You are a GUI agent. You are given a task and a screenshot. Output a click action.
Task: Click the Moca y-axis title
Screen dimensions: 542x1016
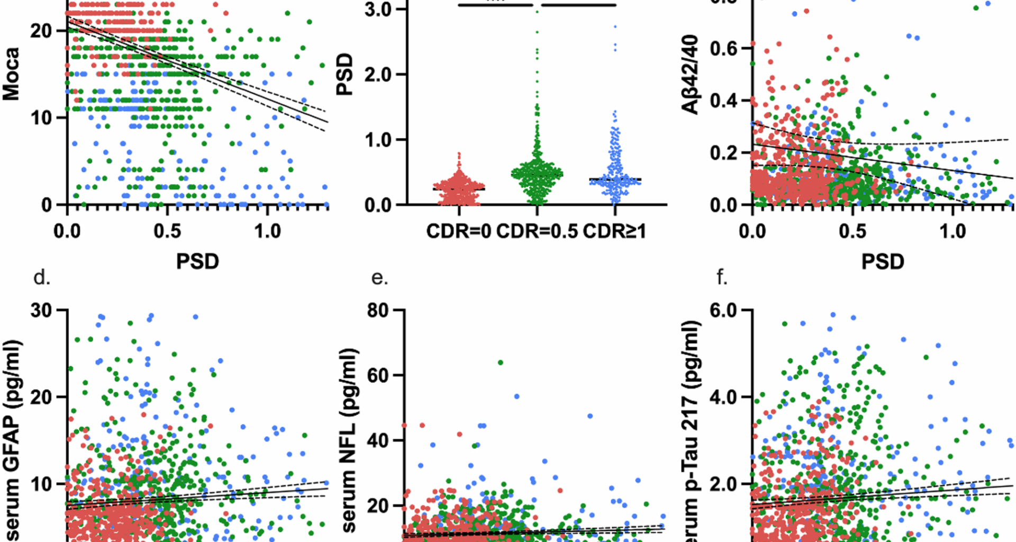point(12,74)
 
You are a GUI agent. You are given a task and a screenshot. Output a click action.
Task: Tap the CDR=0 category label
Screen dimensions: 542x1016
point(458,231)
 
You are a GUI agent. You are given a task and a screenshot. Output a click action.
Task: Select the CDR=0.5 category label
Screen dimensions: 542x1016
point(537,231)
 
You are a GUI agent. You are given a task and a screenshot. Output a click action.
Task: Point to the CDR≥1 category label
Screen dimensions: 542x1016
point(614,231)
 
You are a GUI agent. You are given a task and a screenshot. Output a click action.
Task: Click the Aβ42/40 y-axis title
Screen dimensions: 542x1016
point(691,75)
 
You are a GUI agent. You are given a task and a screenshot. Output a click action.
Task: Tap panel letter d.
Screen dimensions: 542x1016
point(42,277)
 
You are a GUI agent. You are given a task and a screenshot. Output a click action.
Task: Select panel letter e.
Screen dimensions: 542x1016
point(379,277)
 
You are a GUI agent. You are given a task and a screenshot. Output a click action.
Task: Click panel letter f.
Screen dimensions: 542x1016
point(722,277)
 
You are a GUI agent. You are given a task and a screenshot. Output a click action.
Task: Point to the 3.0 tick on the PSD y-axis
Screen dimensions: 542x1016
point(378,10)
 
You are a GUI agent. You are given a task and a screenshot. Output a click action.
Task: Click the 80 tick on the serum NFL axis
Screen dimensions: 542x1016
point(379,310)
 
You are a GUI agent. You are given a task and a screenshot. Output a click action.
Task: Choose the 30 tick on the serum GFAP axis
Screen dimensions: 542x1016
point(41,310)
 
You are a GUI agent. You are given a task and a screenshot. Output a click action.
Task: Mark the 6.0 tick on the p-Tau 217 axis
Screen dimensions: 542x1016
point(724,310)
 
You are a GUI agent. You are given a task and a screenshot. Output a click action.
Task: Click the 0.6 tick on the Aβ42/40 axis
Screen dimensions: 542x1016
point(724,49)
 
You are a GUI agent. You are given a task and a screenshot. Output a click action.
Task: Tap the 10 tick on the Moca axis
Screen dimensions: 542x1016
point(41,118)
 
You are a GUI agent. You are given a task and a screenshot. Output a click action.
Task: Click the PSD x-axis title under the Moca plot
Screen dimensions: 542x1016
point(197,261)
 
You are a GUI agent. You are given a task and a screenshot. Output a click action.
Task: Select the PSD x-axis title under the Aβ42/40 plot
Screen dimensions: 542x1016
point(883,261)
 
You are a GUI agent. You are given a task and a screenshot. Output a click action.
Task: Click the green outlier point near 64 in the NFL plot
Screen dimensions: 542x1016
point(500,363)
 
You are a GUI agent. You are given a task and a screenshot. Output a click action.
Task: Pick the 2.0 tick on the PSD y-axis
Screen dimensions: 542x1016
point(378,75)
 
